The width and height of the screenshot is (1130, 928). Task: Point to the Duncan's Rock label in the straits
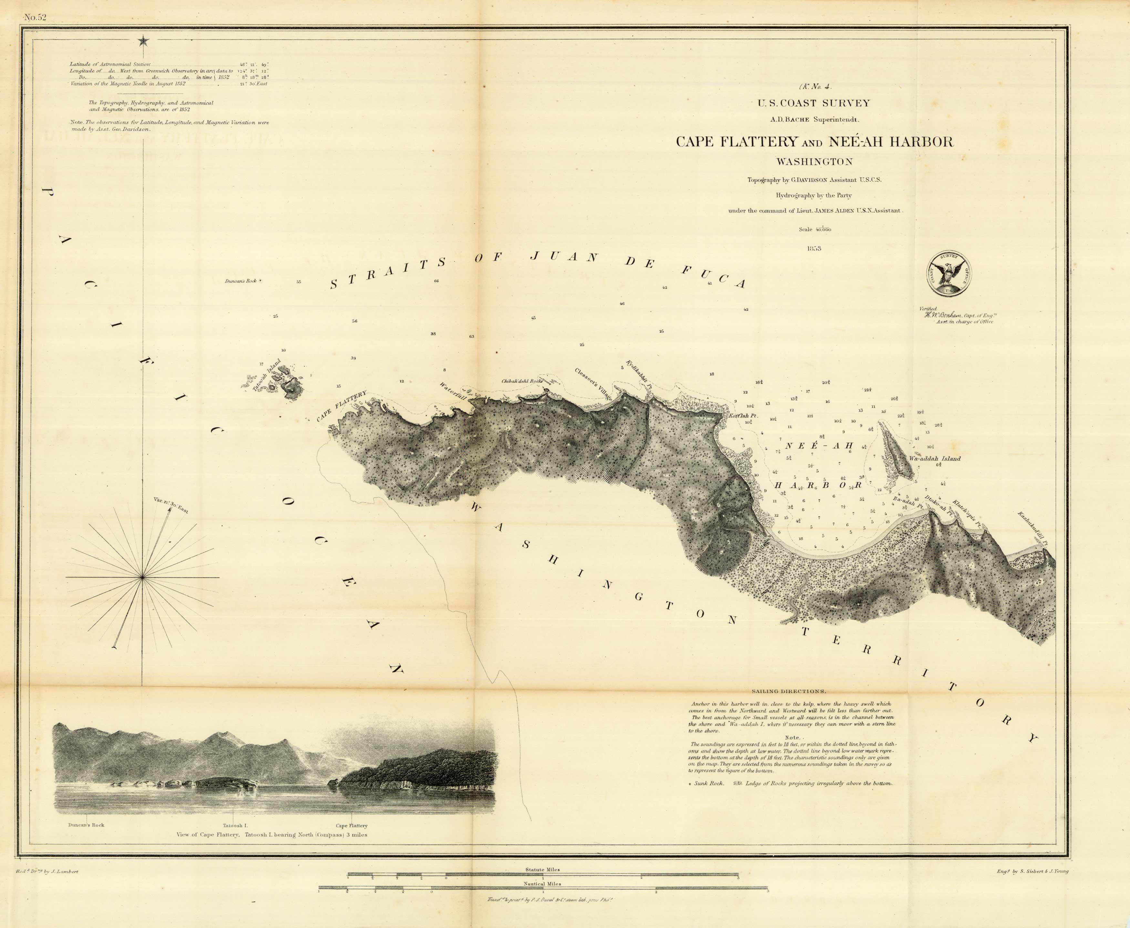click(241, 280)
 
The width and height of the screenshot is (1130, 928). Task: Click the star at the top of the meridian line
click(143, 41)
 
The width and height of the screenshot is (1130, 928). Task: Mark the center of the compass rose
click(143, 577)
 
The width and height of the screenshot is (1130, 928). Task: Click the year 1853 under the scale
click(814, 248)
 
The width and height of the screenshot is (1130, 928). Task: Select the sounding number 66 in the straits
click(437, 281)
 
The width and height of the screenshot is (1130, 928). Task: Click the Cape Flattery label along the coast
click(342, 406)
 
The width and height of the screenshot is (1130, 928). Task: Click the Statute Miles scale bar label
click(543, 870)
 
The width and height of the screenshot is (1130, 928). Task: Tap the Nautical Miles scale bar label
click(543, 884)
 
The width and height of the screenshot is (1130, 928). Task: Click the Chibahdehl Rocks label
click(522, 381)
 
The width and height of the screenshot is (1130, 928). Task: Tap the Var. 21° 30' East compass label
click(171, 505)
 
